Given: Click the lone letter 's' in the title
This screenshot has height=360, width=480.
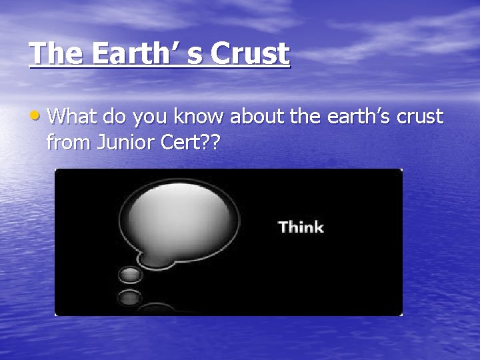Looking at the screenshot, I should tap(193, 55).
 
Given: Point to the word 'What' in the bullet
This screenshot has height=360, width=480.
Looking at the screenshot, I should tap(73, 117).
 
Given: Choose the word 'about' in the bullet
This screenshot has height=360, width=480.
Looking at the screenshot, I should tap(259, 117).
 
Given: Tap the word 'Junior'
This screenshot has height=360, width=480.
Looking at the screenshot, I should tap(122, 141).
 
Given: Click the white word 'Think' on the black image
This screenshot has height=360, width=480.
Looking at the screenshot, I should tap(301, 227).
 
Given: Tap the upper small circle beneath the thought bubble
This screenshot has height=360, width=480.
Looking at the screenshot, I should tap(129, 275).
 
